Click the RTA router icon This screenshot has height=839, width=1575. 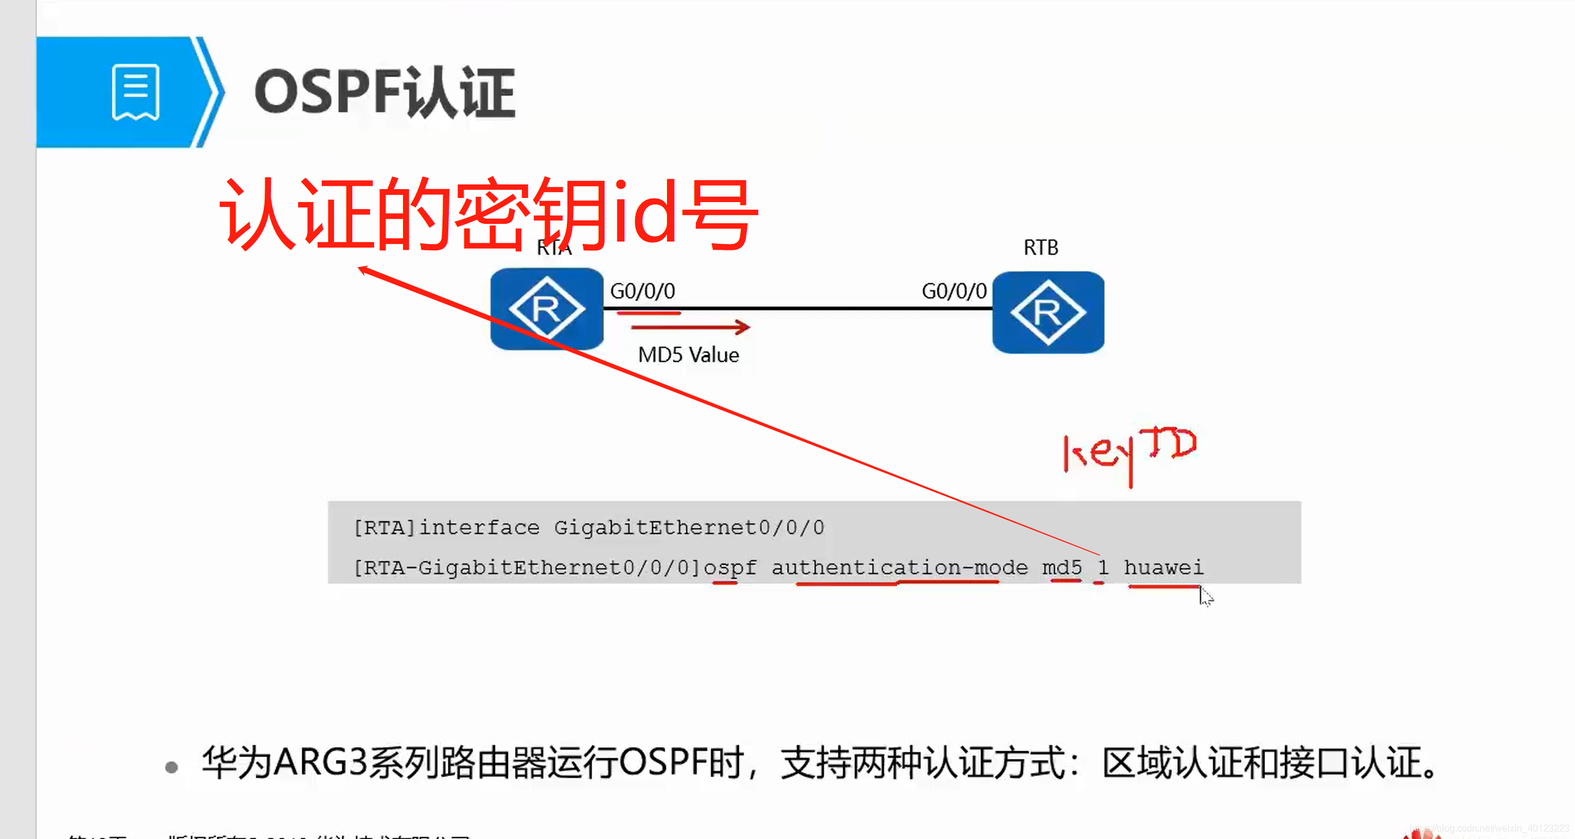pos(547,309)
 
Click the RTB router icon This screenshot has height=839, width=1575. pos(1048,312)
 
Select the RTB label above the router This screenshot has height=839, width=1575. pos(1041,247)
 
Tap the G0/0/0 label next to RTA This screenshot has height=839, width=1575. pos(643,291)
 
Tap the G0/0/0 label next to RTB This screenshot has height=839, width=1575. pos(954,291)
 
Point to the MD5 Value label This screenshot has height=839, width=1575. pos(688,355)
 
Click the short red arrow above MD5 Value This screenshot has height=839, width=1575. pos(689,327)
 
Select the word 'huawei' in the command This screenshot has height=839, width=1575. pos(1164,567)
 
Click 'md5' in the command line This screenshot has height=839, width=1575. pos(1062,567)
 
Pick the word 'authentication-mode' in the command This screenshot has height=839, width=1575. pos(899,567)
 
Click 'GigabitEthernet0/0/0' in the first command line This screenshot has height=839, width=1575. pos(689,527)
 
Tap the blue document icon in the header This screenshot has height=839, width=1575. pos(135,93)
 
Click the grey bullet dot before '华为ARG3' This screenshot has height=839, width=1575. pos(172,767)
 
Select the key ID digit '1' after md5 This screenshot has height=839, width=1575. pos(1102,567)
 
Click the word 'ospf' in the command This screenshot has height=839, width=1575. pos(730,567)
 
